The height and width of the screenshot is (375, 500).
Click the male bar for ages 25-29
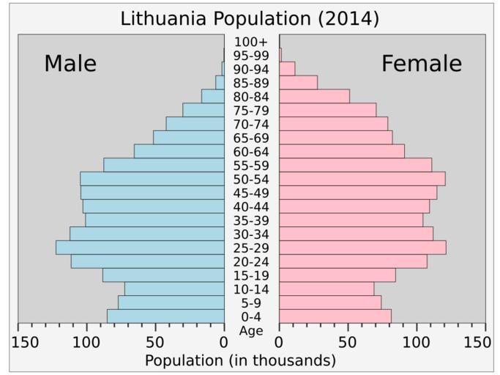140,248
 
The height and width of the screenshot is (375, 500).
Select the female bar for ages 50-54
362,179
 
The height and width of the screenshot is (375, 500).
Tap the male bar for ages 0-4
165,316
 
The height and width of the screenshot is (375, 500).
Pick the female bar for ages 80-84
314,96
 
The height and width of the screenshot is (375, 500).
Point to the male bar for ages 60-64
179,151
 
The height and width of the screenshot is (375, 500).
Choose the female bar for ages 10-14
327,289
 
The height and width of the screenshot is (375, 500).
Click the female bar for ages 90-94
287,69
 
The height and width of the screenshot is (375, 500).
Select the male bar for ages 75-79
204,110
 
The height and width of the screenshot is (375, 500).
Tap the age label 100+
251,42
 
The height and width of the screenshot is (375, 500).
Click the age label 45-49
251,193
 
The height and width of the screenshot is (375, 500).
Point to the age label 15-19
251,275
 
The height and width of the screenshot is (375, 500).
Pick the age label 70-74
251,125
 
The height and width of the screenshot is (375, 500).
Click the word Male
70,64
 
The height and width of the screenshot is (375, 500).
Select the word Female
422,64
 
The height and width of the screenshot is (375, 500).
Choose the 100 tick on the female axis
417,341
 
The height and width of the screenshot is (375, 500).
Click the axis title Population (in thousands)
240,360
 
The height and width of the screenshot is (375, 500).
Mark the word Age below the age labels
251,330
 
